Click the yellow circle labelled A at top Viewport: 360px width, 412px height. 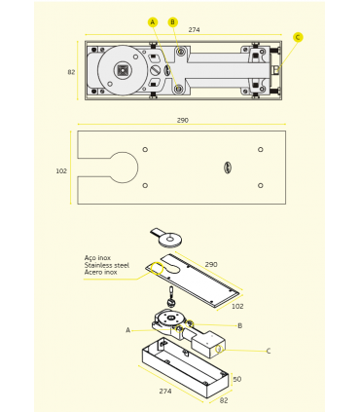click(153, 22)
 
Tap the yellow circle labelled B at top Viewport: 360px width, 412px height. click(172, 22)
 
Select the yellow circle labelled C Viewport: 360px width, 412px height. click(298, 37)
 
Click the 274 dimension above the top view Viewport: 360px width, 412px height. click(194, 30)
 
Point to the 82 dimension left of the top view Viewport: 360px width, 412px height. click(71, 72)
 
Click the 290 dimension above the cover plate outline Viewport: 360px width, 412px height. click(183, 120)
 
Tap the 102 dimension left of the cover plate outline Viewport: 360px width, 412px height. click(61, 171)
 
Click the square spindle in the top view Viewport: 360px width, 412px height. click(123, 70)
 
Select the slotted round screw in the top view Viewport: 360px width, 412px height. click(155, 70)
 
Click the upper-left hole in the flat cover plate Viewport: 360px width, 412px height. click(145, 150)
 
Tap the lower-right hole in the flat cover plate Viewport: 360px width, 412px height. click(261, 186)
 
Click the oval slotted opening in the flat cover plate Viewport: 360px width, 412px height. click(228, 168)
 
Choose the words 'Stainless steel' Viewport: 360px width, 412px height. click(107, 265)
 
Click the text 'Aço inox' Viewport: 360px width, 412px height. click(97, 258)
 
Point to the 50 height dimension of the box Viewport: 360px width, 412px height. click(237, 379)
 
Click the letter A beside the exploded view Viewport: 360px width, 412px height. click(128, 330)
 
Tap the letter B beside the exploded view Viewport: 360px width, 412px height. click(240, 325)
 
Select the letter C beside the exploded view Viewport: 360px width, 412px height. click(269, 351)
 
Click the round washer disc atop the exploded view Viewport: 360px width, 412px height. click(170, 240)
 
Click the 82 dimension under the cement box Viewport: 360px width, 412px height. click(224, 400)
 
